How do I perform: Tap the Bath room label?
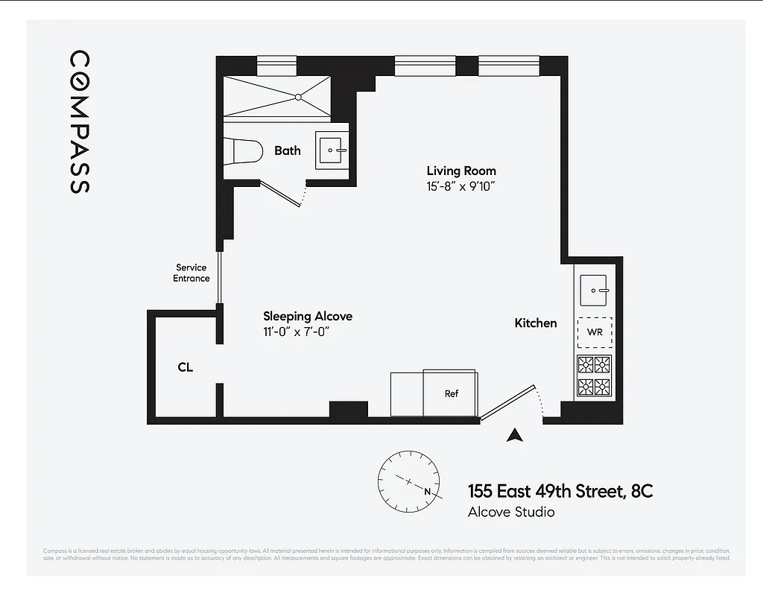(x=287, y=150)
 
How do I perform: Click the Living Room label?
(x=461, y=171)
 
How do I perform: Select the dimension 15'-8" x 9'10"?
(x=461, y=187)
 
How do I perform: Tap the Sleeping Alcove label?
(x=308, y=317)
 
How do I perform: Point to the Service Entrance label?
(x=192, y=273)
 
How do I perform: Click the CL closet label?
(x=186, y=367)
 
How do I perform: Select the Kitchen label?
(x=535, y=323)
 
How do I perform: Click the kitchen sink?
(x=595, y=288)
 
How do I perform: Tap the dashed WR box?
(x=595, y=332)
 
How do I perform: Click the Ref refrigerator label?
(x=451, y=394)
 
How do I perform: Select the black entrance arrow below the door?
(x=513, y=436)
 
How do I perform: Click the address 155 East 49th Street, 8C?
(x=560, y=491)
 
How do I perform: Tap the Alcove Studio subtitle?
(x=510, y=512)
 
